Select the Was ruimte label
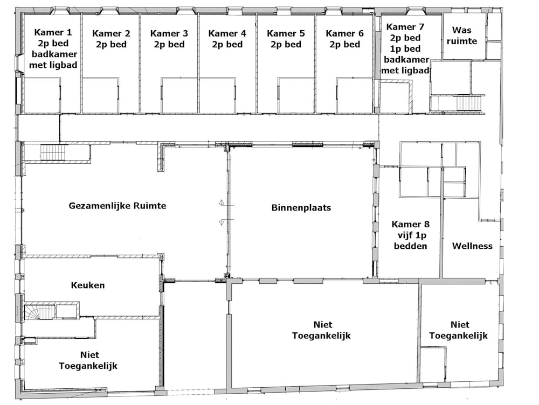click(x=462, y=36)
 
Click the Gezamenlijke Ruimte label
click(x=118, y=206)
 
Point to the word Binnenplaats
click(x=301, y=207)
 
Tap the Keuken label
click(x=88, y=285)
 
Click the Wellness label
click(x=472, y=246)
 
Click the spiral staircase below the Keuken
click(x=39, y=312)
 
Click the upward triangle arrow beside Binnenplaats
click(x=222, y=202)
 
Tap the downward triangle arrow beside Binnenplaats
click(x=222, y=222)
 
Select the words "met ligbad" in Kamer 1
click(x=53, y=65)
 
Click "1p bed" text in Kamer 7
click(x=405, y=48)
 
